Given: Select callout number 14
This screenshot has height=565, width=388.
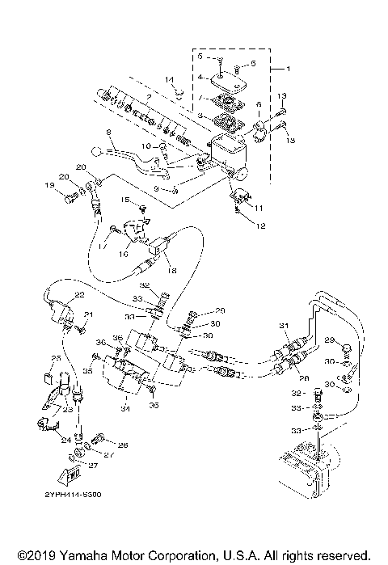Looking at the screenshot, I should [x=170, y=79].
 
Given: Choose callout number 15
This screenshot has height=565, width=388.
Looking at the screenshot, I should [x=125, y=199].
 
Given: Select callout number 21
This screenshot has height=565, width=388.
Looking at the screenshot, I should [x=89, y=314].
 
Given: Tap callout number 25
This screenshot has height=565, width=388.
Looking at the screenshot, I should [x=57, y=357].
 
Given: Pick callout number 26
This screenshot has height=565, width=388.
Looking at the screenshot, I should [x=122, y=445].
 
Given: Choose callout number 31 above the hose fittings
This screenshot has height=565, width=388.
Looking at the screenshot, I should [x=283, y=325].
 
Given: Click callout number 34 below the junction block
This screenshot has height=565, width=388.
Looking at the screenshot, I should [x=124, y=408].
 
